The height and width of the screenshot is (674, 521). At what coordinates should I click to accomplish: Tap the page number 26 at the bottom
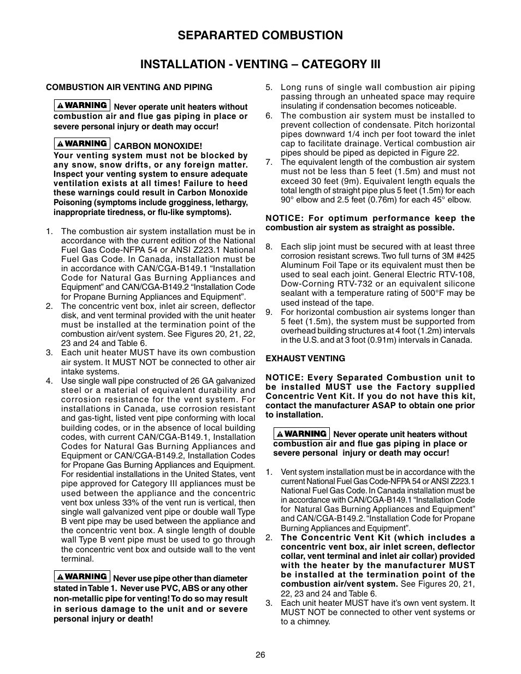click(260, 655)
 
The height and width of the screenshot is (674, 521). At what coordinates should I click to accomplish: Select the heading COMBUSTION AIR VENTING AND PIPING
click(129, 87)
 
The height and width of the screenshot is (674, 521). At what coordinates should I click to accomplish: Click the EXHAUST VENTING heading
click(305, 359)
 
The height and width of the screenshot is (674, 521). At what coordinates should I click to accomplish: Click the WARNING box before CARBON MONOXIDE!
click(82, 144)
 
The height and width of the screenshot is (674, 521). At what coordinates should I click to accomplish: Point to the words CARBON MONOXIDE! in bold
click(157, 146)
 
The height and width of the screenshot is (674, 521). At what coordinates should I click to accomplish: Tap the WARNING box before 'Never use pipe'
click(82, 576)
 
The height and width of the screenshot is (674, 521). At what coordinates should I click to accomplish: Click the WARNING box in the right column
click(301, 433)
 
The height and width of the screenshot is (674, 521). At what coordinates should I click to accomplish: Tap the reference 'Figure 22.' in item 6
click(440, 153)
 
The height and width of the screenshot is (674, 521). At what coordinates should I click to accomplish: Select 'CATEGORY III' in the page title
click(342, 64)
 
